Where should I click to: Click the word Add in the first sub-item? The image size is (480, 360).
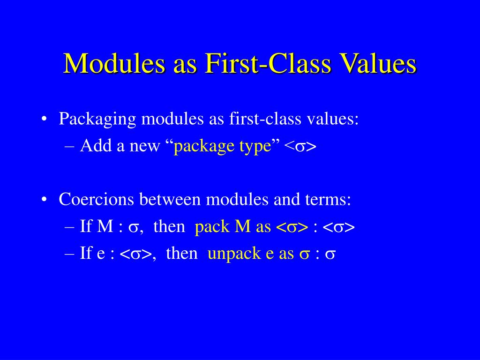93,146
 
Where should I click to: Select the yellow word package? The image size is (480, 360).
204,147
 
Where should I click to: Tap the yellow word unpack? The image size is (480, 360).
227,254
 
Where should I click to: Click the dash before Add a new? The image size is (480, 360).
70,146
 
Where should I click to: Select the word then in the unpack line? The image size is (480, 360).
182,254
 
